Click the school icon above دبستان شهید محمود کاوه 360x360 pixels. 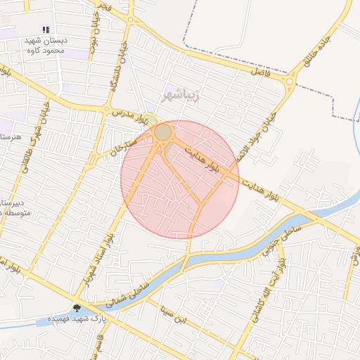(x=46, y=30)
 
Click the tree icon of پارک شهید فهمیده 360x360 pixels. (x=77, y=307)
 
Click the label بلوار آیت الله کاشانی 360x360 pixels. (x=282, y=278)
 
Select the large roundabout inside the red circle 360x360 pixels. (x=163, y=132)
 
